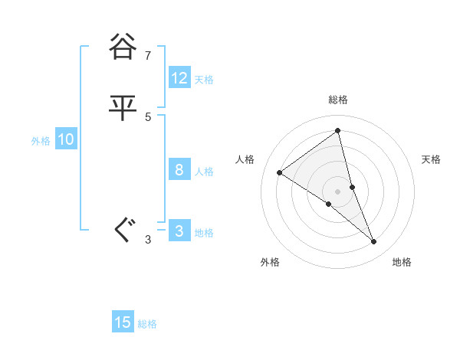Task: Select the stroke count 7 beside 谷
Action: click(148, 55)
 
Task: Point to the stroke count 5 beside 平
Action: click(148, 116)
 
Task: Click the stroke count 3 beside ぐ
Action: click(148, 240)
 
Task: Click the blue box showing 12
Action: click(179, 78)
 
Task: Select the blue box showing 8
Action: click(179, 170)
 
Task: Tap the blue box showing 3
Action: click(179, 231)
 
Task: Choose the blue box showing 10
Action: click(66, 139)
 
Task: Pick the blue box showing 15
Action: click(123, 322)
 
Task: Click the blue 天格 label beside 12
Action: click(204, 80)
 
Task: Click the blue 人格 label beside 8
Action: click(204, 172)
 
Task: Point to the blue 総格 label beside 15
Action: click(147, 324)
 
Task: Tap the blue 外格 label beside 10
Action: click(41, 141)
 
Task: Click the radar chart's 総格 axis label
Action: click(338, 100)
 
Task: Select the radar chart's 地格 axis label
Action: click(402, 262)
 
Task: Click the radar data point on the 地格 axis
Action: click(374, 242)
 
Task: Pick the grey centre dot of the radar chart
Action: click(338, 191)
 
